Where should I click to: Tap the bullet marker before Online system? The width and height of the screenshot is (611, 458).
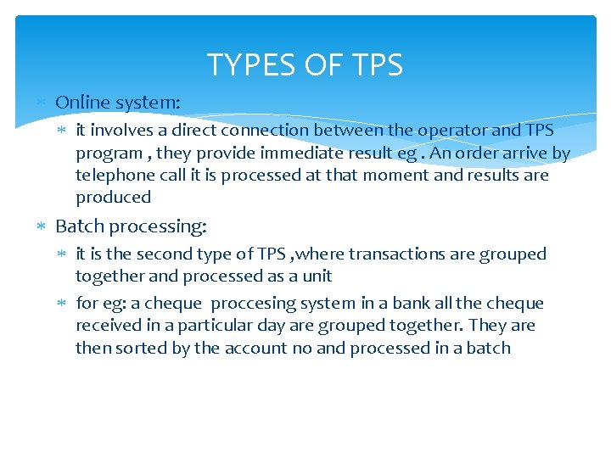point(44,103)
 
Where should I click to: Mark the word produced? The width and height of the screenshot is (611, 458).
point(113,198)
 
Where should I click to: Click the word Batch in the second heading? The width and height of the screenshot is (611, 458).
point(79,226)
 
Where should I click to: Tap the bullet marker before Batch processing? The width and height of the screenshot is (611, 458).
point(44,226)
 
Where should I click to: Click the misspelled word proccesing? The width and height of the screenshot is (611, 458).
point(252,304)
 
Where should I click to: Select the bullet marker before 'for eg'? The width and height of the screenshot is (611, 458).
point(65,304)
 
